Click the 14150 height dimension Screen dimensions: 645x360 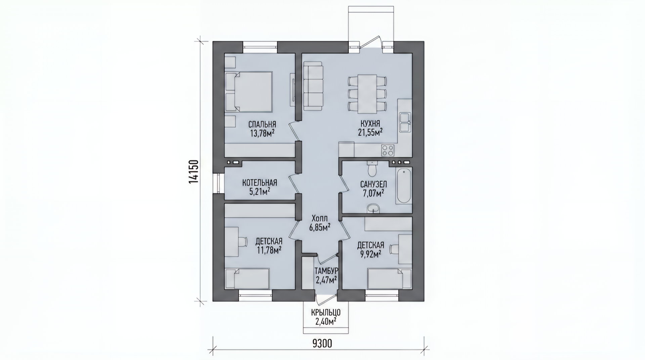(194, 172)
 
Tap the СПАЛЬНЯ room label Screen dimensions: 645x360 (262, 124)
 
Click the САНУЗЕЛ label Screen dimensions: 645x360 (374, 184)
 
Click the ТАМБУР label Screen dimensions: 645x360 (326, 271)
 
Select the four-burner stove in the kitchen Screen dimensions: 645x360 (388, 150)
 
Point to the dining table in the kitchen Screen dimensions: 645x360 (367, 93)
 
